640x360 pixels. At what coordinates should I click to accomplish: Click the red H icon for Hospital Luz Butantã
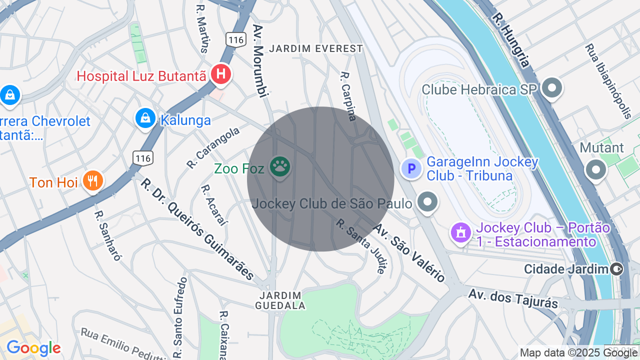coord(220,74)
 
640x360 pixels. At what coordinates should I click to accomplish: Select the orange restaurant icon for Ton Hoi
coord(92,181)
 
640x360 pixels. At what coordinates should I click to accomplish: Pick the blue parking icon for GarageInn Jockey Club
coord(411,168)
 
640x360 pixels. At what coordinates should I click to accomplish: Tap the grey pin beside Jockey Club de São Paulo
coord(427,202)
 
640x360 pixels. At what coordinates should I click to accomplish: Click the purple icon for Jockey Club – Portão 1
coord(460,232)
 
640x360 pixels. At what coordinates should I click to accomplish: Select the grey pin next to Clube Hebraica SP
coord(552,88)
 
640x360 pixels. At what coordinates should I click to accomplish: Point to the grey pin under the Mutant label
coord(595,170)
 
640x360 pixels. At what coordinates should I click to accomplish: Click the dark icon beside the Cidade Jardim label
coord(617,269)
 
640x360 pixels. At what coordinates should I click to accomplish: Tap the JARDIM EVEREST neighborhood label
coord(316,48)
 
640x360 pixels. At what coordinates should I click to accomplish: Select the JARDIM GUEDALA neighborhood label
coord(280,300)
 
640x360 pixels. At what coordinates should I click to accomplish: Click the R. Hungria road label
coord(510,40)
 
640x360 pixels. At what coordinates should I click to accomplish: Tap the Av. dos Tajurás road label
coord(513,297)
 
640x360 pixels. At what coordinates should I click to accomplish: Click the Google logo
coord(33,348)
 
